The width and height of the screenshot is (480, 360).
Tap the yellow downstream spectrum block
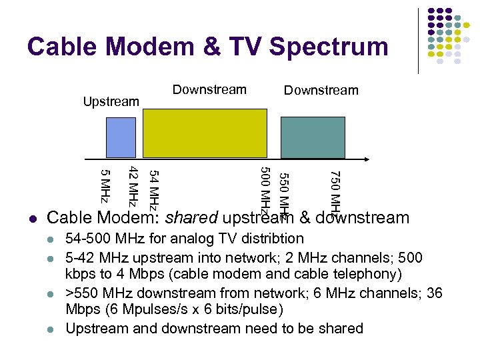pyautogui.click(x=205, y=134)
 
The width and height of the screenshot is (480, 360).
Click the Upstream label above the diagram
pyautogui.click(x=110, y=102)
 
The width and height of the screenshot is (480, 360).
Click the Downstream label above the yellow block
pyautogui.click(x=209, y=90)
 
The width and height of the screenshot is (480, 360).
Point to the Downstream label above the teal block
pyautogui.click(x=321, y=91)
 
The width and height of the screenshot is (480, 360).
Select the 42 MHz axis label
pyautogui.click(x=133, y=186)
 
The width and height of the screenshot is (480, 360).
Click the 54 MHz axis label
pyautogui.click(x=153, y=189)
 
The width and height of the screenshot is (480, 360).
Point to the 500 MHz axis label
pyautogui.click(x=264, y=190)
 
